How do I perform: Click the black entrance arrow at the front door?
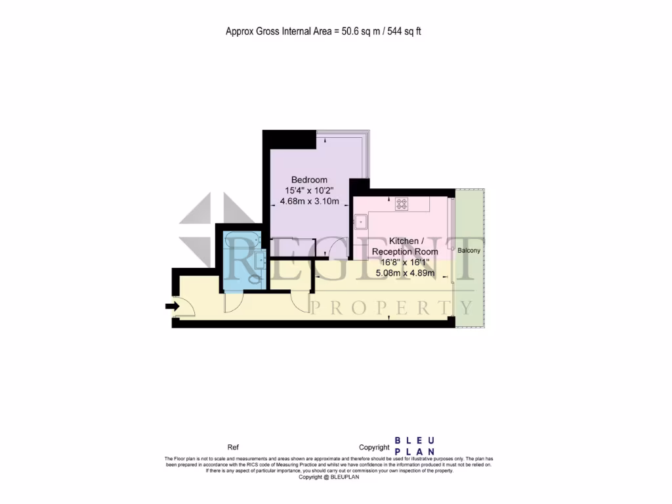pos(173,306)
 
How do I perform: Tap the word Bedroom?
pos(309,180)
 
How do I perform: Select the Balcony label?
pos(469,251)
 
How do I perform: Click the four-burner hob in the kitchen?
pos(401,204)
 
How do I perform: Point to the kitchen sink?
pos(360,222)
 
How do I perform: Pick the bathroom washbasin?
pos(260,261)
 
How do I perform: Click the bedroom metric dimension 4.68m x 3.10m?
pos(309,201)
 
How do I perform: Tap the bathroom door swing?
pos(234,301)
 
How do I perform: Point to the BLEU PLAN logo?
pos(414,446)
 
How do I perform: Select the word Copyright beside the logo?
pos(375,447)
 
